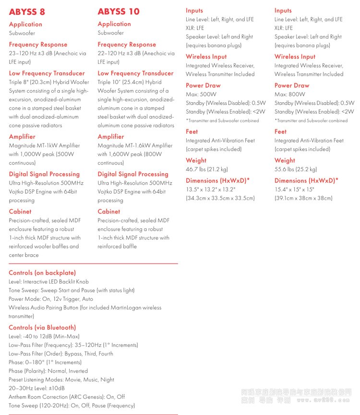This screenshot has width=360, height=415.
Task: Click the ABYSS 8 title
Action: (27, 12)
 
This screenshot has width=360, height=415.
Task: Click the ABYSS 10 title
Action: (119, 12)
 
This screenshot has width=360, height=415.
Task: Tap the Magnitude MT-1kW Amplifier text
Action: (44, 145)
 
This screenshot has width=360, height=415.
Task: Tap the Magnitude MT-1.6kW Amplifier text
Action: (135, 145)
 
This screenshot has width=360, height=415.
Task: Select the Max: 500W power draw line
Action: (201, 94)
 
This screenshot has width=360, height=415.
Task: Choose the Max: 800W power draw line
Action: (290, 94)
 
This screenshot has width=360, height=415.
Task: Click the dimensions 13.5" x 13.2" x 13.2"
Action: (210, 190)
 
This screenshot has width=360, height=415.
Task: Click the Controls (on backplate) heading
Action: (42, 273)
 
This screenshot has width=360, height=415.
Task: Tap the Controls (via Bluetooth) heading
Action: (42, 328)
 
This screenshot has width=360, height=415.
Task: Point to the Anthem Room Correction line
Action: (67, 397)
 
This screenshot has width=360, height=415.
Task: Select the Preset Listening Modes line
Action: (61, 379)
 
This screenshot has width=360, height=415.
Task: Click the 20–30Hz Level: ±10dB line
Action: (36, 388)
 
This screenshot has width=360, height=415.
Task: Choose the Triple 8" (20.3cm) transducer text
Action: (49, 82)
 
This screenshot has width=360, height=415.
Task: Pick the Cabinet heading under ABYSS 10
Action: (108, 211)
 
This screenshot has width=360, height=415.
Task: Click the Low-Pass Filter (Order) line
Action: (61, 354)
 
